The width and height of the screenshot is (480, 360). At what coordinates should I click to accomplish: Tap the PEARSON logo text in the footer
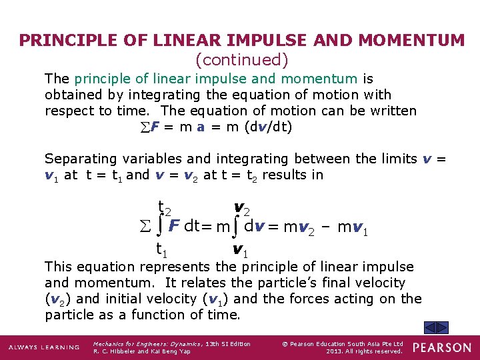coord(442,347)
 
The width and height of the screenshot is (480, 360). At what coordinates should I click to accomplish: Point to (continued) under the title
coord(241,60)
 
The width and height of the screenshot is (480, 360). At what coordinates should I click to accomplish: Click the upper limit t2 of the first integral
coord(163,208)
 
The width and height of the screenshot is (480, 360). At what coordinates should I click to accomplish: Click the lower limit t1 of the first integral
coord(161,251)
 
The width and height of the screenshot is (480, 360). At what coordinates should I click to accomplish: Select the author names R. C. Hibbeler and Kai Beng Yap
coord(141,351)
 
